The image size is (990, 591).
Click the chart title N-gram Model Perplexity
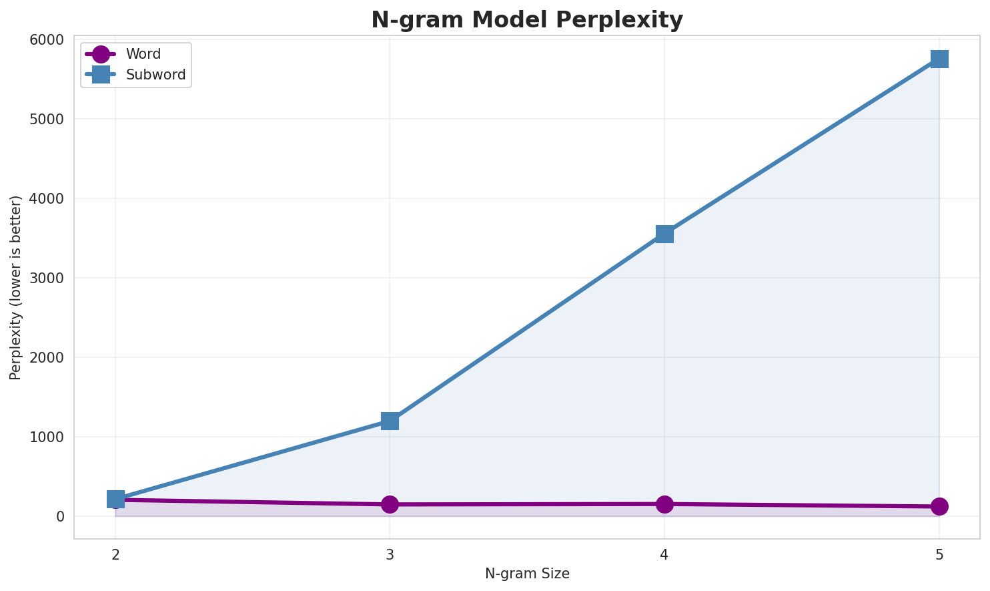click(x=527, y=20)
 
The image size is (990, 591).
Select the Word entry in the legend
click(x=143, y=54)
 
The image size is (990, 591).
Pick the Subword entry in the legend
click(x=155, y=75)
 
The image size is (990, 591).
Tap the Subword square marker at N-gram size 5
click(x=939, y=59)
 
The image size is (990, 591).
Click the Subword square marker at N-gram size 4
click(x=664, y=234)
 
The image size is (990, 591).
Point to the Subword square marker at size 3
click(x=390, y=421)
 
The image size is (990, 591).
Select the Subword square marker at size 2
click(x=115, y=499)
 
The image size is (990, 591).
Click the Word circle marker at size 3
click(x=390, y=504)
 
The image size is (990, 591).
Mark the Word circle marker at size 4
click(x=664, y=504)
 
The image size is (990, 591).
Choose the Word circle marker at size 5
click(x=939, y=506)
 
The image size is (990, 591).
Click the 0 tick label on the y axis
click(x=61, y=517)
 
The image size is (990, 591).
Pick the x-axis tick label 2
click(x=115, y=554)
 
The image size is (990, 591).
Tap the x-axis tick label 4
click(x=664, y=554)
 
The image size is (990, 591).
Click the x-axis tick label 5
click(x=939, y=554)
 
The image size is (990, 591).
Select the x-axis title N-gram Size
click(x=527, y=574)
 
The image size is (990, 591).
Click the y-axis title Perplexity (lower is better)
click(x=16, y=287)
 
